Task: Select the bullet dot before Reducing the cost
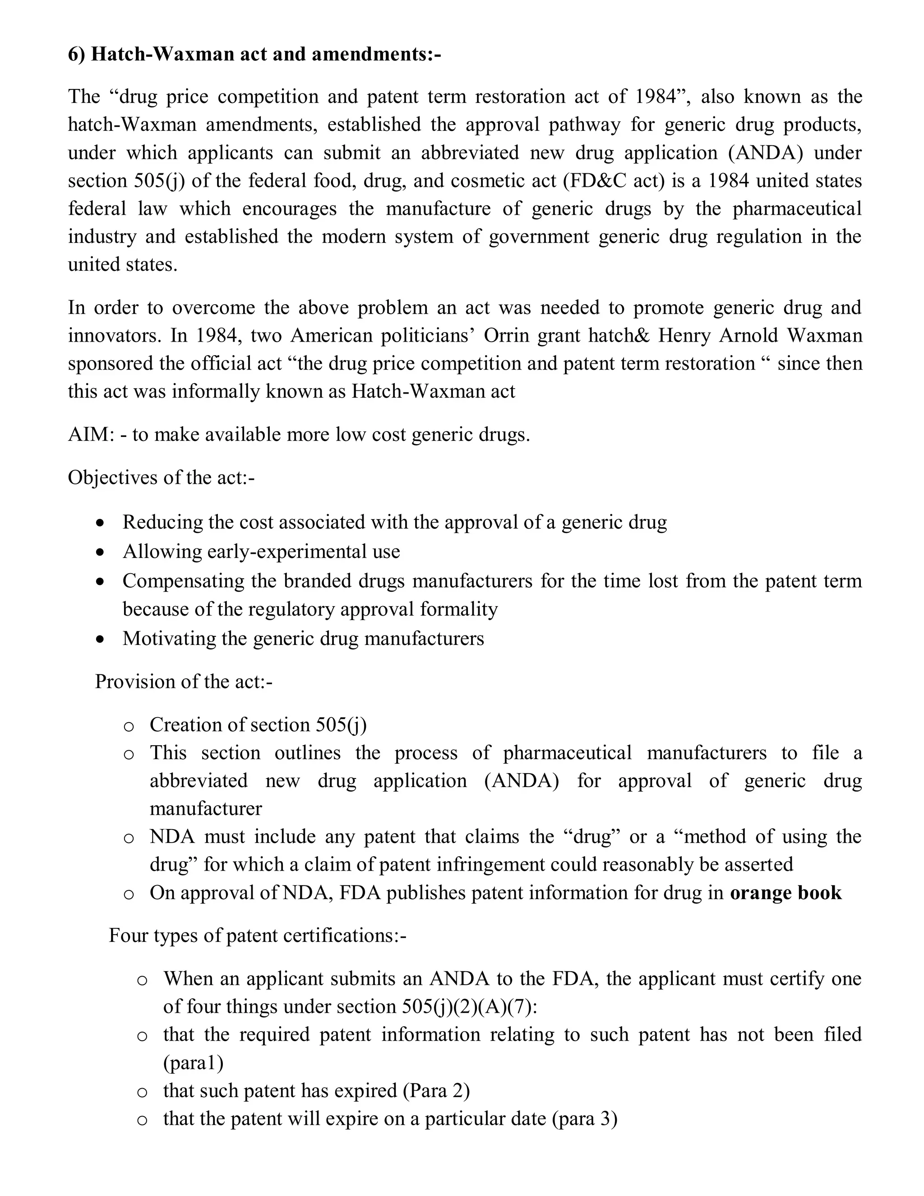point(99,523)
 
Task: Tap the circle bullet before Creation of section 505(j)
point(129,727)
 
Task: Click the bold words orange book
point(785,893)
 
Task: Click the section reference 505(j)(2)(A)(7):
point(469,1006)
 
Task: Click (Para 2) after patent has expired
point(436,1091)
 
